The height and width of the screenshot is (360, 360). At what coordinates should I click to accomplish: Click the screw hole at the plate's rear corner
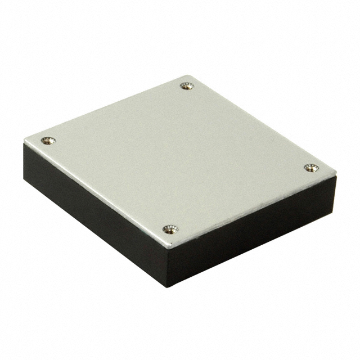pyautogui.click(x=187, y=86)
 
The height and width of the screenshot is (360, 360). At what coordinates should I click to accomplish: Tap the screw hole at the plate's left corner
pyautogui.click(x=47, y=140)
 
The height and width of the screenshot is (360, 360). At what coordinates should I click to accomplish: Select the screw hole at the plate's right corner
pyautogui.click(x=310, y=168)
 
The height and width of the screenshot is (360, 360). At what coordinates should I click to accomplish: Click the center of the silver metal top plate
pyautogui.click(x=179, y=157)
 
